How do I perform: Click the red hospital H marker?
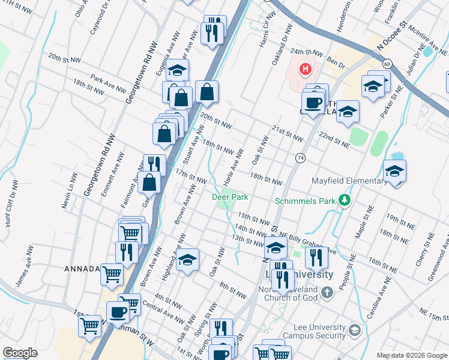[x=305, y=70]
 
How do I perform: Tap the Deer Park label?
[x=230, y=197]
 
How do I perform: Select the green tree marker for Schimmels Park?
[x=344, y=200]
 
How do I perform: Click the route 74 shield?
[x=300, y=158]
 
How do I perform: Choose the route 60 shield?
[x=387, y=63]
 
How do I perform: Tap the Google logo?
[x=20, y=353]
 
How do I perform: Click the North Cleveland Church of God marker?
[x=327, y=292]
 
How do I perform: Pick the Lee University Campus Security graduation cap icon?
[x=355, y=330]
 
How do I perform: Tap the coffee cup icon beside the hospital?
[x=313, y=102]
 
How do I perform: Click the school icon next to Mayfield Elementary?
[x=394, y=172]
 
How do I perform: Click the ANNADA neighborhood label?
[x=82, y=269]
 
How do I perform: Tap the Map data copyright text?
[x=412, y=355]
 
